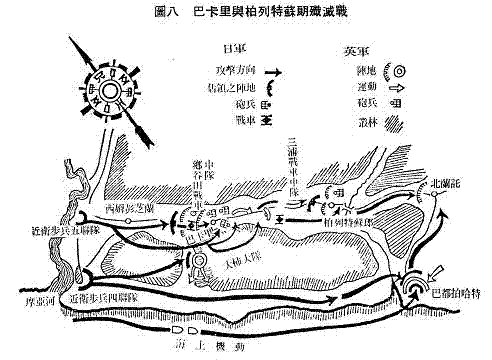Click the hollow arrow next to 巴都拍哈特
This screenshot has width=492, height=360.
point(437,268)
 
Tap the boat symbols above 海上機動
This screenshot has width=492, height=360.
point(185,326)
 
